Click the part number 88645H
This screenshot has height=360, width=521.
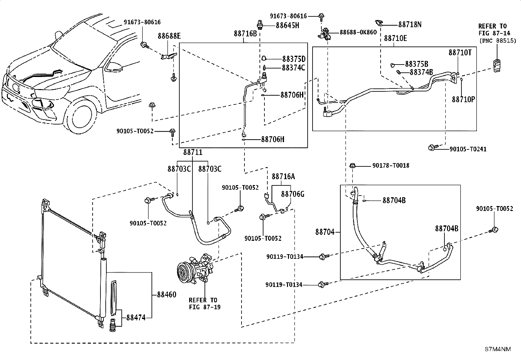[x=287, y=25]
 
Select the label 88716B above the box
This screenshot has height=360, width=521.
[x=245, y=34]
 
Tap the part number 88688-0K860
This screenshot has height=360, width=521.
[x=358, y=32]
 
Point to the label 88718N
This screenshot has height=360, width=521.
[x=410, y=25]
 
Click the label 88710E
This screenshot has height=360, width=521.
[x=395, y=38]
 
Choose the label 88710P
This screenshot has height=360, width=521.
[x=463, y=100]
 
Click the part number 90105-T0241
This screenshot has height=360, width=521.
[x=468, y=149]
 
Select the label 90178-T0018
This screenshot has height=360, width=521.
[x=391, y=165]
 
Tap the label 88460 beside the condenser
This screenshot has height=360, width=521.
[x=167, y=294]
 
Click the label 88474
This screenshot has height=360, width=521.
[x=136, y=318]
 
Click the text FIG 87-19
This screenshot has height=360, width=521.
[x=205, y=307]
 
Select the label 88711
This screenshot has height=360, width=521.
[x=193, y=152]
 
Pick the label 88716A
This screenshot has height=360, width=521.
[x=283, y=177]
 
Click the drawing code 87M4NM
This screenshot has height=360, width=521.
[x=498, y=349]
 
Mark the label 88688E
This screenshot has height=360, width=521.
[x=169, y=36]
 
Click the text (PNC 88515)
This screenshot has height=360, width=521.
[x=498, y=41]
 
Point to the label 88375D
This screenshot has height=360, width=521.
[x=294, y=59]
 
